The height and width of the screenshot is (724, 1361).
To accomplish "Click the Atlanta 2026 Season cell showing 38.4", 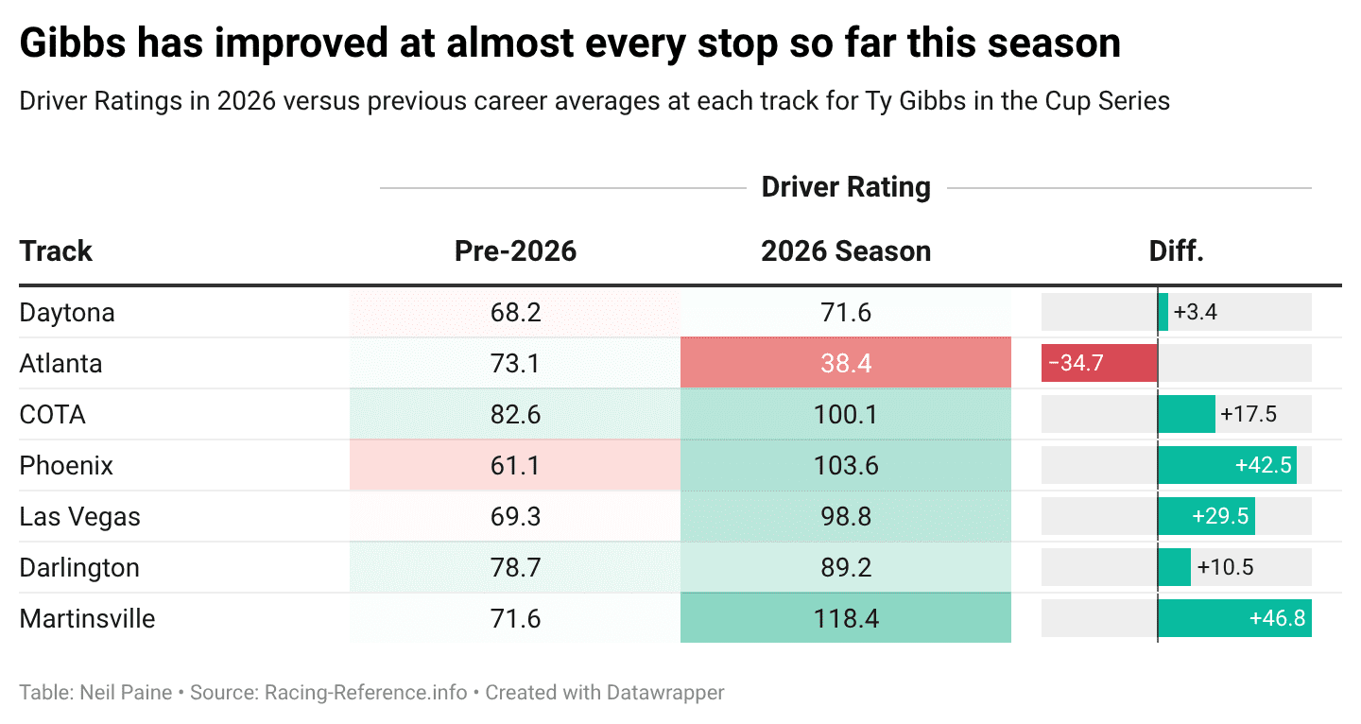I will (845, 363).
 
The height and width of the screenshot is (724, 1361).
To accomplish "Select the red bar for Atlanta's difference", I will (1098, 363).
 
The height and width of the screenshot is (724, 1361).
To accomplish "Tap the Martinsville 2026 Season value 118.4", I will (845, 618).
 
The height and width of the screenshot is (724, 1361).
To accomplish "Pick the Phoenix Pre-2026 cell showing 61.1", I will (515, 465).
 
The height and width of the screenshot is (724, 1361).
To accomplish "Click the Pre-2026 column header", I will (515, 250).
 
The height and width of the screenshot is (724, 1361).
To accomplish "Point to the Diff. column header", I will (1176, 250).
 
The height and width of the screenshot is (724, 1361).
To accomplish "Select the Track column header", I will (56, 250).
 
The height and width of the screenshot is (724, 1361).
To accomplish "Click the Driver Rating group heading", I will (845, 187).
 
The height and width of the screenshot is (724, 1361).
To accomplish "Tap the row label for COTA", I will (53, 414).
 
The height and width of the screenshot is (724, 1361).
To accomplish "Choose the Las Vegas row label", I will (79, 516).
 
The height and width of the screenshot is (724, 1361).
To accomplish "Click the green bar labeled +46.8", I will (1233, 618).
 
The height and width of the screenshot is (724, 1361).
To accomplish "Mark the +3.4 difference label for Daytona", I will (1195, 312).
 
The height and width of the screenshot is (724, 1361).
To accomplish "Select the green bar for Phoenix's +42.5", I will (1226, 465).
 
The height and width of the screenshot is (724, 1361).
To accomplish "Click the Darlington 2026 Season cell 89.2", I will (845, 567).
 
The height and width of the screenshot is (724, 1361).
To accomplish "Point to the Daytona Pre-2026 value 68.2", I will (515, 312).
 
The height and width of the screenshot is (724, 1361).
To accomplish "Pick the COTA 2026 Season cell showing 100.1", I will (845, 414).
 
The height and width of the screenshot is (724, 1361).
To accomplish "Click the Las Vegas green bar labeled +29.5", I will (1206, 516).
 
